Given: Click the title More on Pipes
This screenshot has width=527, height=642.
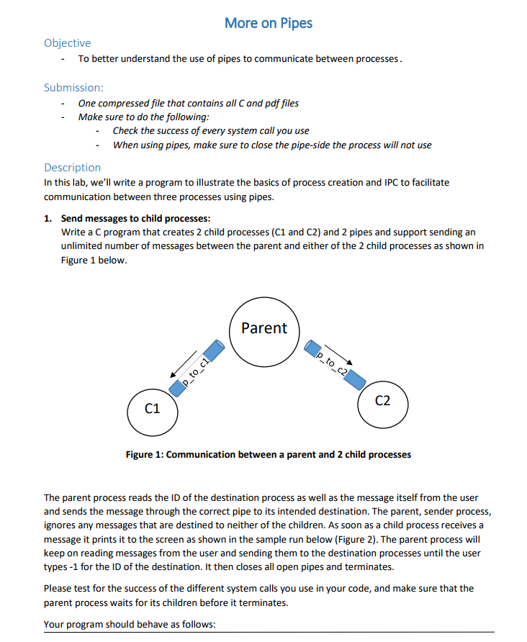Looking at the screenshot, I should pyautogui.click(x=268, y=23).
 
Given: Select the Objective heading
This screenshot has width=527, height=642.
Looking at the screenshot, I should pyautogui.click(x=67, y=43).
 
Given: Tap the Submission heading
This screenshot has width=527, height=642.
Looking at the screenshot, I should pyautogui.click(x=73, y=88).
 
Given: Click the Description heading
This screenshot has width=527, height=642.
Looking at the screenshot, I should pyautogui.click(x=72, y=167).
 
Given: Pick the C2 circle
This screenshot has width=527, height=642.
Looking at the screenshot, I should pyautogui.click(x=383, y=401).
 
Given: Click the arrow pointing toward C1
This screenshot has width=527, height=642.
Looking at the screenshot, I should pyautogui.click(x=182, y=363).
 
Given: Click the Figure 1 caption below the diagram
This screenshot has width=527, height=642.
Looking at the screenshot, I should pyautogui.click(x=268, y=454).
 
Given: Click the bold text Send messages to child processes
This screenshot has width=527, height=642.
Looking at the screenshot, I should pyautogui.click(x=136, y=218).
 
